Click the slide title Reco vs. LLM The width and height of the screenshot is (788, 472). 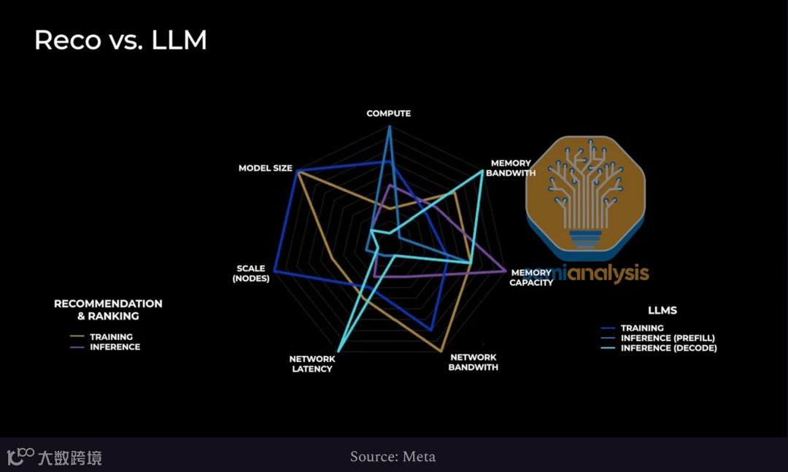point(120,40)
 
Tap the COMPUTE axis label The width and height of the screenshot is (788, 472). point(388,114)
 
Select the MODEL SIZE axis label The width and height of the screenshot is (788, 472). point(265,169)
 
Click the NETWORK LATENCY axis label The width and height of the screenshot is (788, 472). point(312,363)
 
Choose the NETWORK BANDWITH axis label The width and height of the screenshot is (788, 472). point(474,363)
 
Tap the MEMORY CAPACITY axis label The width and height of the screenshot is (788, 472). point(531,277)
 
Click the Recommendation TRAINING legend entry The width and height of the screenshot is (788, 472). point(111,337)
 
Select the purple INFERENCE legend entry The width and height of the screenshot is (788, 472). point(115,347)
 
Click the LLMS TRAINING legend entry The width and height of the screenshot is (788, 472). point(642,328)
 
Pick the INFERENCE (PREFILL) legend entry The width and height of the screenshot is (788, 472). point(668,338)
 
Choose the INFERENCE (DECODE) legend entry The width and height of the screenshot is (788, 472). point(668,349)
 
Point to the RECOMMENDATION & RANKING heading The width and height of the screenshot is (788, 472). point(108,309)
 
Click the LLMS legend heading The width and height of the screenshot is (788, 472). point(662,310)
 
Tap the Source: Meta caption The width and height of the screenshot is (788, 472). point(393,457)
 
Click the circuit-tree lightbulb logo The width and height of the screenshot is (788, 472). point(586,193)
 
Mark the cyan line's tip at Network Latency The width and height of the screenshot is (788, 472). point(340,349)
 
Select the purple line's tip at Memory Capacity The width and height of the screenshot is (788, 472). point(505,271)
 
